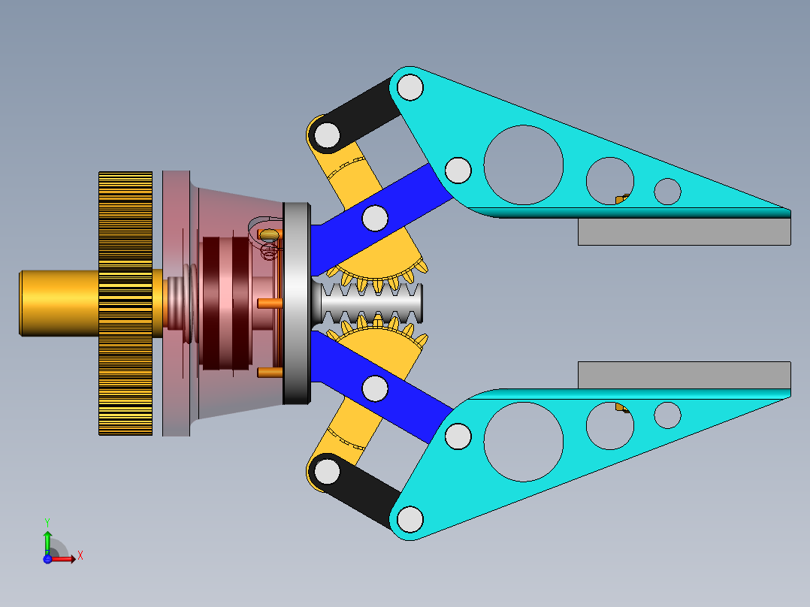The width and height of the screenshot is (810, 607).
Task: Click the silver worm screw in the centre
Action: click(x=372, y=305)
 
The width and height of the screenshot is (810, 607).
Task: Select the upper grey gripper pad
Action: click(x=684, y=232)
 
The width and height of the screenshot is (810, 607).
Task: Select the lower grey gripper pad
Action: click(x=684, y=375)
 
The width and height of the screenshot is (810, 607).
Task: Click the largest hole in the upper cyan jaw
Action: click(x=524, y=165)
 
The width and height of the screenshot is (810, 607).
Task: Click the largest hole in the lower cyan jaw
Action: click(x=524, y=442)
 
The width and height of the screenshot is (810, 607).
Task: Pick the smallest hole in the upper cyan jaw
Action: click(x=667, y=191)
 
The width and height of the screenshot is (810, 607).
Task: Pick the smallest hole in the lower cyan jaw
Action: click(x=667, y=415)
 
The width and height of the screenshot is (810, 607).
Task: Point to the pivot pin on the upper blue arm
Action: click(x=375, y=218)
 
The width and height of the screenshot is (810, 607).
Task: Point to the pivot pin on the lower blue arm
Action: click(x=375, y=388)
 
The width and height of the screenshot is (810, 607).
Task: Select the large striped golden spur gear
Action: click(x=125, y=303)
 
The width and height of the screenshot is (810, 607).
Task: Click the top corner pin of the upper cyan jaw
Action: click(x=410, y=87)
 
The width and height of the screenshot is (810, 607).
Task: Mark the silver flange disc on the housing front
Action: click(x=297, y=303)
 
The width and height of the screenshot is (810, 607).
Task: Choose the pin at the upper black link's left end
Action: click(x=327, y=134)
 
